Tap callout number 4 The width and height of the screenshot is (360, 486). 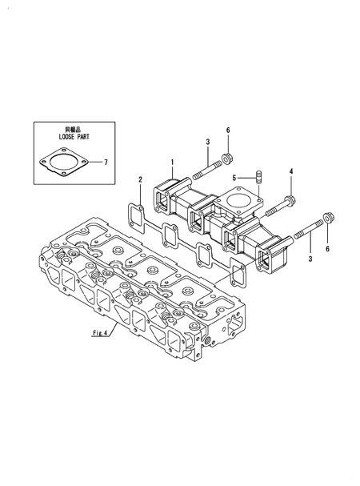[x=290, y=171]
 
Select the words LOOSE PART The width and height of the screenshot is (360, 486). [x=71, y=137]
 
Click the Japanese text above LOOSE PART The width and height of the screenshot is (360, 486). [x=71, y=129]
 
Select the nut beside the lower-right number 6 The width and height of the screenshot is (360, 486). [x=326, y=217]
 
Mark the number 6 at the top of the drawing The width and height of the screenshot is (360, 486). [x=227, y=130]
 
